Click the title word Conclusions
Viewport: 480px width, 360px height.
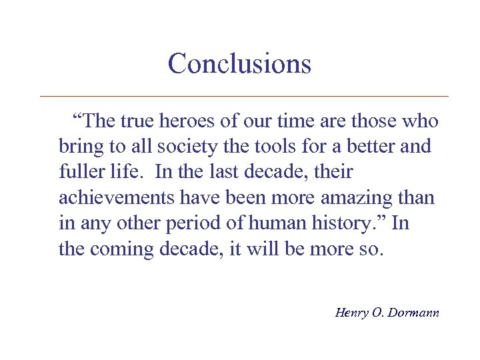tap(239, 64)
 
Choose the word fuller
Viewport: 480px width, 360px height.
tap(78, 172)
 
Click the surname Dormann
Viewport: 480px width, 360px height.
tap(413, 311)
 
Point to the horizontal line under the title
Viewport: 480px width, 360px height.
tap(244, 97)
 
